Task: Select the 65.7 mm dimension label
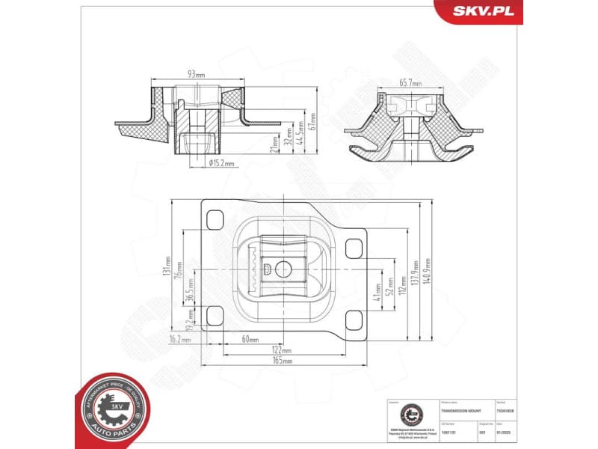click(x=410, y=83)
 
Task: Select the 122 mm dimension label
click(x=282, y=349)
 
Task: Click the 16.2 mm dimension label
click(x=180, y=339)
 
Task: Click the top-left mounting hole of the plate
click(x=215, y=219)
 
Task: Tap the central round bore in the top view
click(x=282, y=269)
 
